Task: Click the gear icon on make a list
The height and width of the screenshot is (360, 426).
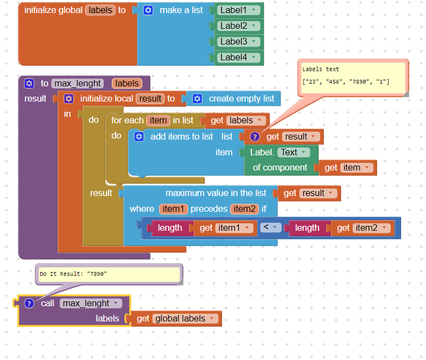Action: tap(148, 10)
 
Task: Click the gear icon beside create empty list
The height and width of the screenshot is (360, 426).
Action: tap(198, 98)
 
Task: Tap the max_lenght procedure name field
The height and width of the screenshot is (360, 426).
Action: tap(78, 83)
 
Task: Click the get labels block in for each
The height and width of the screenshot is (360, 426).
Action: tap(237, 121)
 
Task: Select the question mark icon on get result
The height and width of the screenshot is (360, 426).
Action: tap(254, 137)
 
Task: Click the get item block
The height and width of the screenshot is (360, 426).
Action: tap(347, 168)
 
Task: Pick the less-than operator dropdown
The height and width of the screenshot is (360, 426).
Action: tap(270, 228)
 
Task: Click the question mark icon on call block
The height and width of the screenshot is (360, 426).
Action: tap(29, 304)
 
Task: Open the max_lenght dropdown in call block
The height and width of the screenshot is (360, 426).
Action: tap(91, 304)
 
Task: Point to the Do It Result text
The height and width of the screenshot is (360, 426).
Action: tap(73, 274)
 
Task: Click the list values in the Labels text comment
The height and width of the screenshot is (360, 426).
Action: tap(346, 81)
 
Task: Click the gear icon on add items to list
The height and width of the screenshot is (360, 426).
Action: tap(139, 137)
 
